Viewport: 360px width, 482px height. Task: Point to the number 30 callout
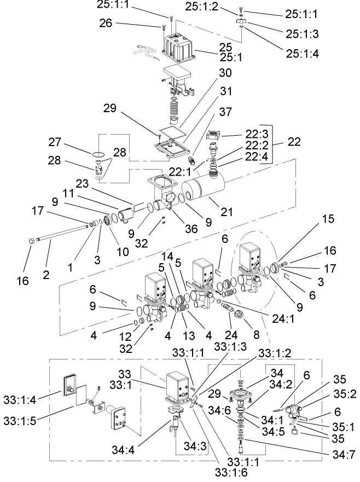point(225,73)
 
